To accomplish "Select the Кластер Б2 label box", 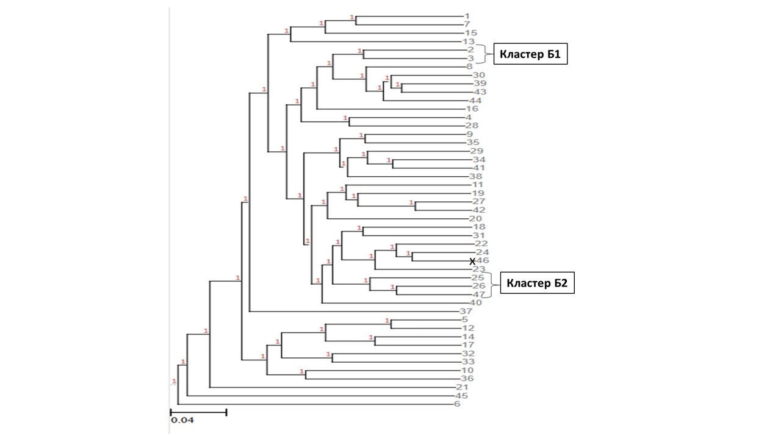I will (538, 284).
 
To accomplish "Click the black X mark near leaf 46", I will (472, 261).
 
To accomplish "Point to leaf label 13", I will (469, 41).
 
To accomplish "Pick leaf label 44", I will (475, 100).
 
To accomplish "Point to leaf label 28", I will (472, 126).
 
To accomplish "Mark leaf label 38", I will (475, 176).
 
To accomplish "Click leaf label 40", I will (476, 302).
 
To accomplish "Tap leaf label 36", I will (475, 379).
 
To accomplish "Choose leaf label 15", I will (470, 32).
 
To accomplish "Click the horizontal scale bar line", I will (198, 412).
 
